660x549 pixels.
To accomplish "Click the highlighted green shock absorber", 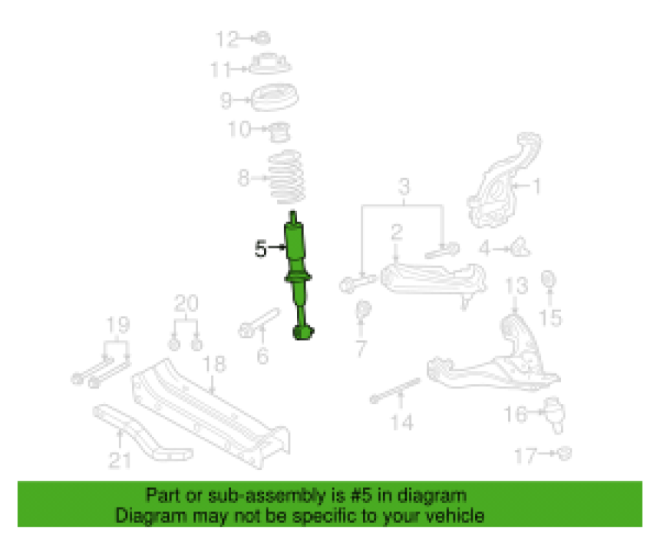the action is point(298,273).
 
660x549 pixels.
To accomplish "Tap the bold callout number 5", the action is point(261,248).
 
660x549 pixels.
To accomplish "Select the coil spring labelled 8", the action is point(287,177).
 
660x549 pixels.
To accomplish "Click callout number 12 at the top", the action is point(227,39).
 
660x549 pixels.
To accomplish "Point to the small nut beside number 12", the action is point(263,38).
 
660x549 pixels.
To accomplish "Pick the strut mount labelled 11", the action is point(270,65).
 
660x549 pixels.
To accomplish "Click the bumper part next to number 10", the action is point(279,132).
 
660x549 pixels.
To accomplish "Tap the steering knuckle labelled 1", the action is point(503,181).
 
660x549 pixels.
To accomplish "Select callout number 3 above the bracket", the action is point(403,186).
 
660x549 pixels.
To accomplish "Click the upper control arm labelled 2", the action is point(433,280).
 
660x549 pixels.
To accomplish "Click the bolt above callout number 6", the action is point(258,323).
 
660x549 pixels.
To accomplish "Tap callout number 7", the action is point(361,348).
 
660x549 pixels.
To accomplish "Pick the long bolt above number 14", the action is point(395,391).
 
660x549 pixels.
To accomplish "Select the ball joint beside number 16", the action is point(554,415).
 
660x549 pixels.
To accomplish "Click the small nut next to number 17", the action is point(565,453).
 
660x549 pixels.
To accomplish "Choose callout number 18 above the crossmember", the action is point(214,364).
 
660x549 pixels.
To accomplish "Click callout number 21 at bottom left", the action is point(120,460).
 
